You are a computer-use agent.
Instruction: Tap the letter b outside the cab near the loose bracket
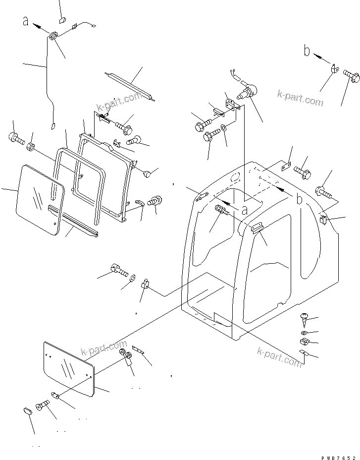pyautogui.click(x=308, y=51)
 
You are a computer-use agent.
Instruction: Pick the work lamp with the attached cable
pyautogui.click(x=247, y=93)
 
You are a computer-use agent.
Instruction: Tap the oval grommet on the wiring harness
pyautogui.click(x=53, y=36)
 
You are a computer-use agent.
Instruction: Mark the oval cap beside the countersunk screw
pyautogui.click(x=28, y=411)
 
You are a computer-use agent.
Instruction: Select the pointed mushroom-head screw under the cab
pyautogui.click(x=305, y=315)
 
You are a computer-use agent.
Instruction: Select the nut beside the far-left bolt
pyautogui.click(x=31, y=147)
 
